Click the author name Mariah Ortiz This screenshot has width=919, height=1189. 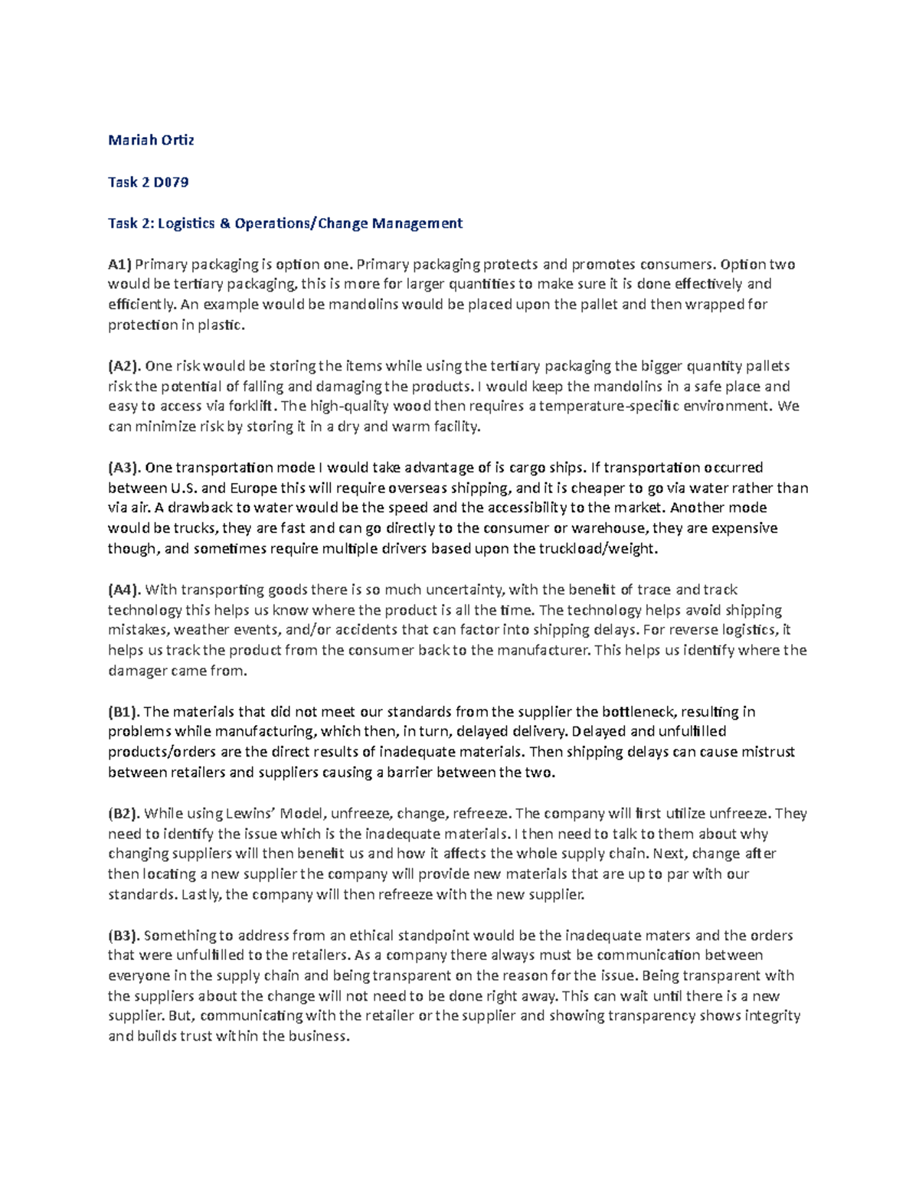[151, 140]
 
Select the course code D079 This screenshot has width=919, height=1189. [169, 182]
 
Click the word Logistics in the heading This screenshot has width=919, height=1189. [186, 224]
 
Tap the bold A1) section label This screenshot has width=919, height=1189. [119, 265]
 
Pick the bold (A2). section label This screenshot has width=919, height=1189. [124, 366]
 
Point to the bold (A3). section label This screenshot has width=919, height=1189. [124, 468]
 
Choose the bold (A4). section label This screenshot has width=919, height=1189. [124, 590]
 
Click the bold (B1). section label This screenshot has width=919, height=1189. [124, 712]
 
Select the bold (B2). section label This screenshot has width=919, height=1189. [124, 814]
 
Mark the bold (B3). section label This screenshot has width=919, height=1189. [124, 936]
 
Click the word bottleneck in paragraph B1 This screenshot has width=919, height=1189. [636, 712]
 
